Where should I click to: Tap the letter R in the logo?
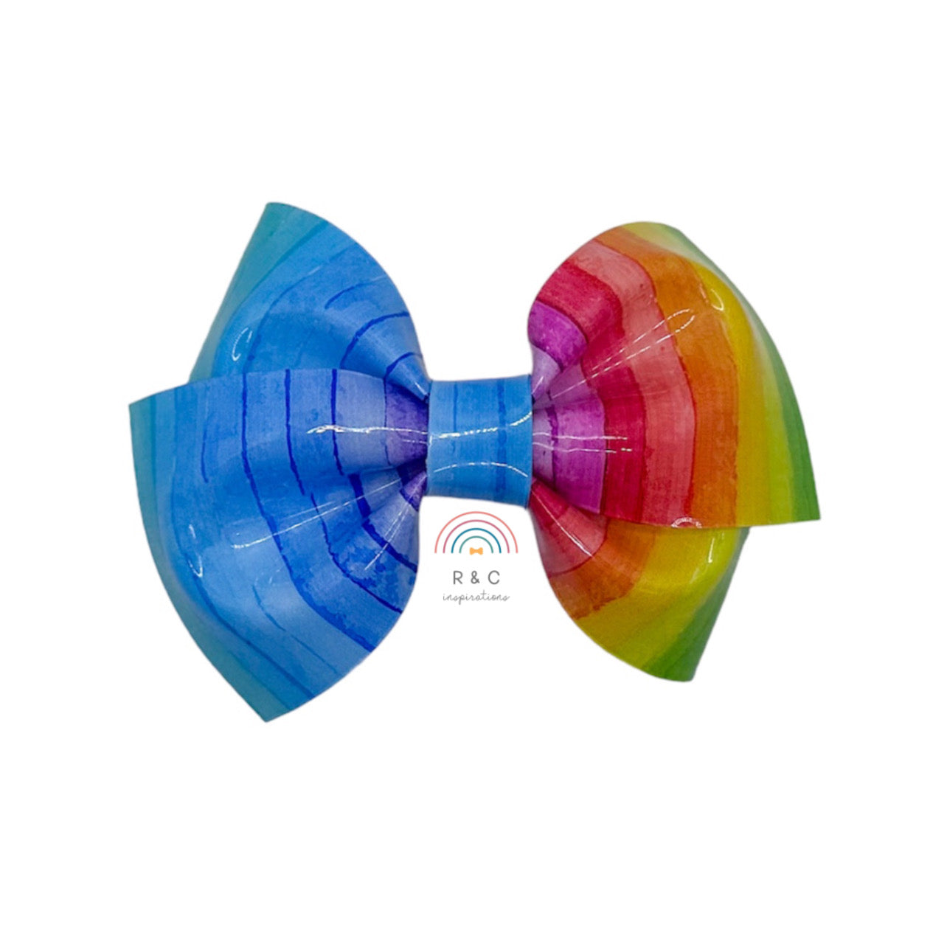452,579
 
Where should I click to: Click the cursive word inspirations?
476,597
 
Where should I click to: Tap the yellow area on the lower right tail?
649,590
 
